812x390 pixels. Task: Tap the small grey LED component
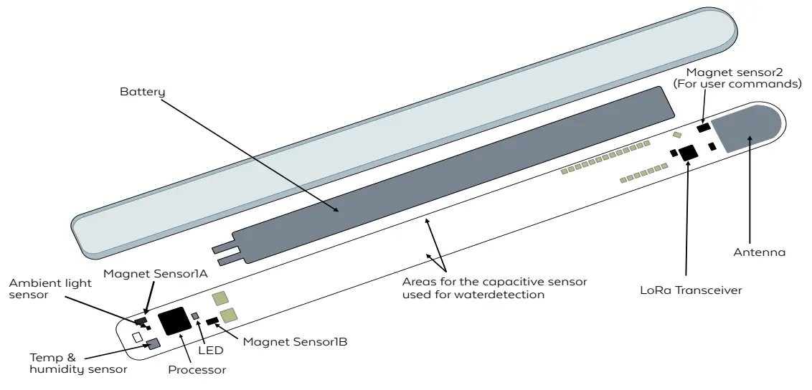(x=195, y=316)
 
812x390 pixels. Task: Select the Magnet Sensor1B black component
(x=212, y=321)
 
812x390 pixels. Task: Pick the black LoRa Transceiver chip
(x=689, y=151)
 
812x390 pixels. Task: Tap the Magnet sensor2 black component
(x=703, y=127)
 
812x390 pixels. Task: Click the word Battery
(x=142, y=92)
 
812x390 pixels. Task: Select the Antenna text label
(x=759, y=252)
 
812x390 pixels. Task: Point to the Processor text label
(x=197, y=370)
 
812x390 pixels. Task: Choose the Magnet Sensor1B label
(x=295, y=342)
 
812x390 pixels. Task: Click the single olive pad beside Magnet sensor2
(x=676, y=135)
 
